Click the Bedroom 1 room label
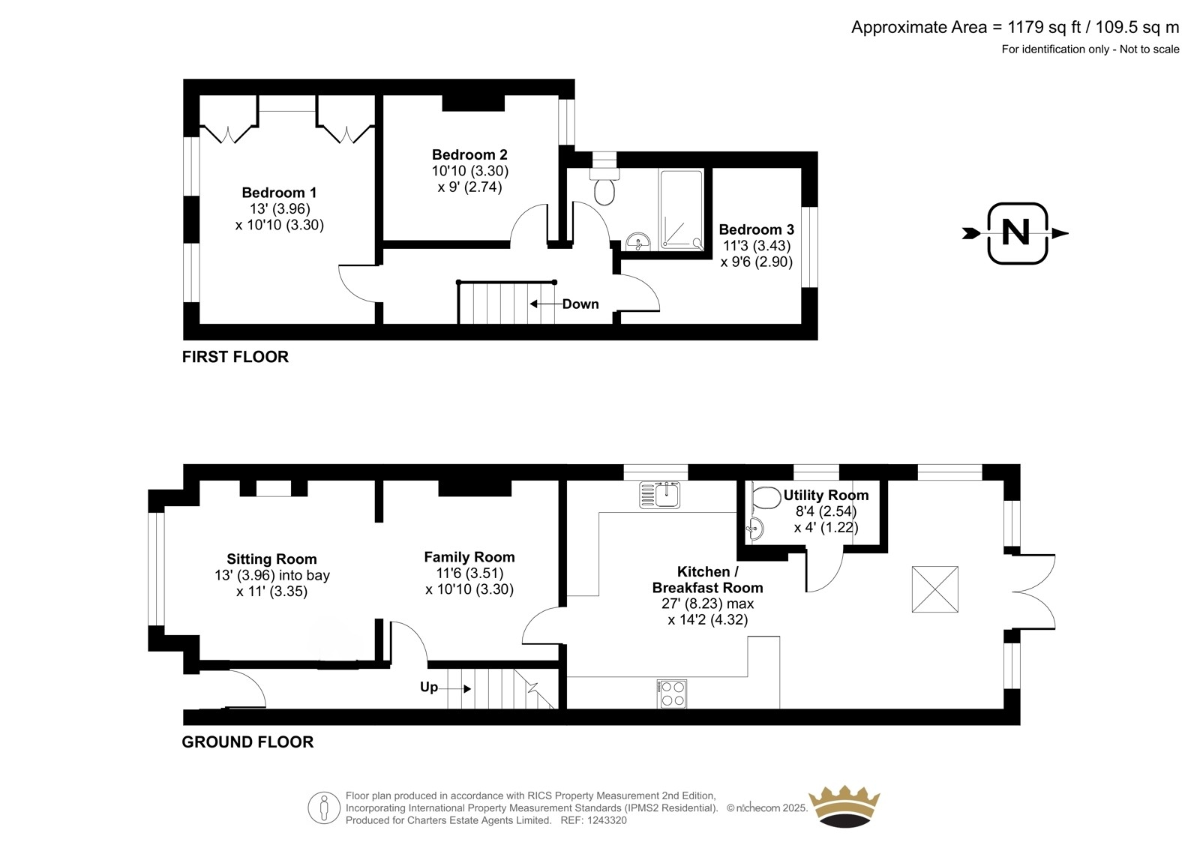coord(279,192)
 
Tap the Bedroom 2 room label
coord(469,154)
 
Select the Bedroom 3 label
coord(756,230)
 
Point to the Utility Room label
coord(826,496)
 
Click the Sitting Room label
coord(271,559)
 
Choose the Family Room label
coord(469,557)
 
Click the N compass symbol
coord(1016,233)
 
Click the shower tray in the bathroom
coord(682,209)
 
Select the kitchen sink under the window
coord(659,494)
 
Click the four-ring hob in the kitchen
coord(672,694)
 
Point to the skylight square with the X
coord(934,589)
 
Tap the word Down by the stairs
coord(580,304)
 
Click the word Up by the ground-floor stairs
coord(428,688)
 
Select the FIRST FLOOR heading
coord(235,357)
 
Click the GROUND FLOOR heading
coord(247,742)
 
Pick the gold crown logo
coord(844,807)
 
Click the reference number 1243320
coord(607,820)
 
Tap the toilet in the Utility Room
coord(766,498)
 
